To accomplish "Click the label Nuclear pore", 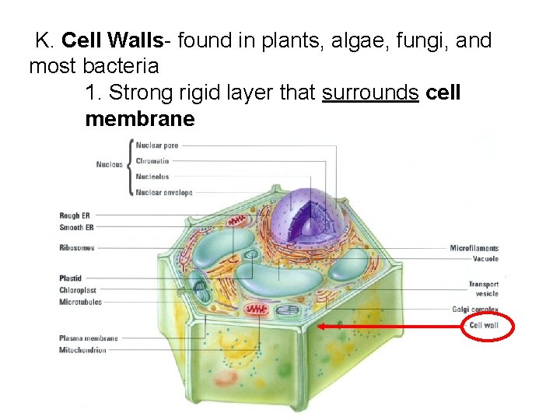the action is pyautogui.click(x=157, y=145).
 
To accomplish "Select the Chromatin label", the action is pyautogui.click(x=152, y=161).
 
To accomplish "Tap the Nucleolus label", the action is pyautogui.click(x=152, y=177).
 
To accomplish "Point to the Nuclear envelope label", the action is pyautogui.click(x=164, y=192).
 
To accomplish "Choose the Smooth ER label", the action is pyautogui.click(x=76, y=227).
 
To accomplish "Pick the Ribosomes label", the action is pyautogui.click(x=77, y=247).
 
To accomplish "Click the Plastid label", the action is pyautogui.click(x=71, y=278).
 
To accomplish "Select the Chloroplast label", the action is pyautogui.click(x=77, y=290).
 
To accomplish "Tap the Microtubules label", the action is pyautogui.click(x=80, y=302).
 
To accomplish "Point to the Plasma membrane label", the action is pyautogui.click(x=89, y=338).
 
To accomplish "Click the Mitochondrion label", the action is pyautogui.click(x=82, y=350).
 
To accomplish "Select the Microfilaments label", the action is pyautogui.click(x=474, y=248).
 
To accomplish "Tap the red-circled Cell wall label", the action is pyautogui.click(x=484, y=325).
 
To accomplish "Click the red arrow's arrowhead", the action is pyautogui.click(x=321, y=327).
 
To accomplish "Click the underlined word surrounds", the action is pyautogui.click(x=370, y=93).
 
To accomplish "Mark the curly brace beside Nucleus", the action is pyautogui.click(x=128, y=168).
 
